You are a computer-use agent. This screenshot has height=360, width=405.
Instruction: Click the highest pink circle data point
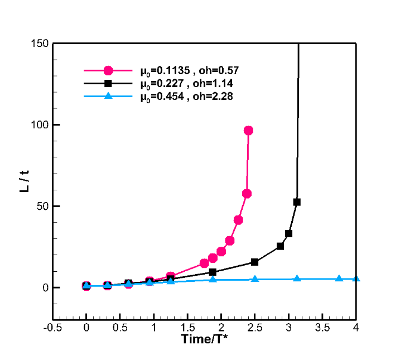pyautogui.click(x=248, y=131)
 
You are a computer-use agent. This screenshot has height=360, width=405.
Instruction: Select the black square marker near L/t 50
pyautogui.click(x=297, y=202)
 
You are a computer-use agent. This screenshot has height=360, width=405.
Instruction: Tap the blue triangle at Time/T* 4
pyautogui.click(x=356, y=279)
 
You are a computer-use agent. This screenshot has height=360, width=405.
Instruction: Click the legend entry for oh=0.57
pyautogui.click(x=182, y=71)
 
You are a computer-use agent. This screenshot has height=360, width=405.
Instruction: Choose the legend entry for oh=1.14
pyautogui.click(x=182, y=84)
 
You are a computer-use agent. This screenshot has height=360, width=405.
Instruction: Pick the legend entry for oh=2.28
pyautogui.click(x=182, y=96)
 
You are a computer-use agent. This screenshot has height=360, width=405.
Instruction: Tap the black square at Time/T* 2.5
pyautogui.click(x=254, y=262)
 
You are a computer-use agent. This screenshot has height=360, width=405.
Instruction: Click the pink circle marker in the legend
pyautogui.click(x=108, y=71)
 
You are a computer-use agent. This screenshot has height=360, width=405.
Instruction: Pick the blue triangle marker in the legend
pyautogui.click(x=108, y=96)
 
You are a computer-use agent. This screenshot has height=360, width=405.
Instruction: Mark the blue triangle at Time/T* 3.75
pyautogui.click(x=339, y=278)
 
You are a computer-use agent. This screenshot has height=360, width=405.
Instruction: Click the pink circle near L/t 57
pyautogui.click(x=247, y=194)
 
